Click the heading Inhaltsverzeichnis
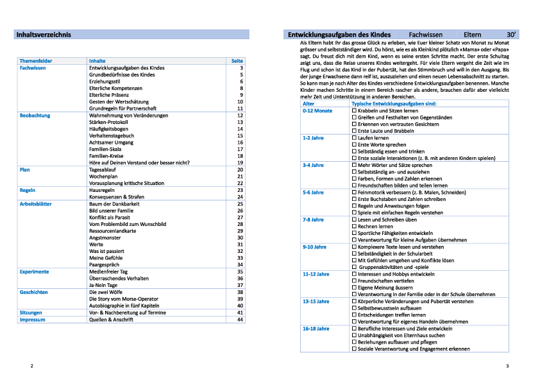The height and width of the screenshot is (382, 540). [44, 34]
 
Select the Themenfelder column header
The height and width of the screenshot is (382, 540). [36, 61]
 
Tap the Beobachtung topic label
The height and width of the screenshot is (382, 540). [35, 116]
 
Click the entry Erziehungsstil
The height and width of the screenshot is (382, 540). [106, 82]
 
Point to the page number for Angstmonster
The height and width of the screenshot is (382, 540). [240, 238]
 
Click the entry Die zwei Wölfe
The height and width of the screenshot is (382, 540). [106, 291]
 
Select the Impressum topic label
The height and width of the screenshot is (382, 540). [33, 319]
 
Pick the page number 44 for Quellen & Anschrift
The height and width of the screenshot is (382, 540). [240, 319]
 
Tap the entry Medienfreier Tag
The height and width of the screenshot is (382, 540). [109, 272]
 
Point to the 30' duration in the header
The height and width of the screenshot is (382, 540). [511, 34]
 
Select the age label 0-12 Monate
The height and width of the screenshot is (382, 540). [317, 110]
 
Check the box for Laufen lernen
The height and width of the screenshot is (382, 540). [355, 138]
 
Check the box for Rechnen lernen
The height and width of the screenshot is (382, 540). [355, 226]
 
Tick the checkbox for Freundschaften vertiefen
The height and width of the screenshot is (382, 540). [355, 281]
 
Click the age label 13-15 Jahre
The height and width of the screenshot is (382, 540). [316, 301]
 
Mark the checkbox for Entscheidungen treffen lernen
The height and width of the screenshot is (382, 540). [355, 315]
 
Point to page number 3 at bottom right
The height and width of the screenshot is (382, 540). [507, 366]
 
